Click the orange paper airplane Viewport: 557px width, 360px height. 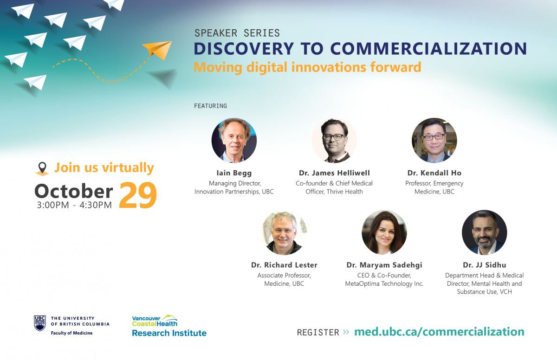(x=157, y=50)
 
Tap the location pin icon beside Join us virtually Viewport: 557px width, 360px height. (x=42, y=169)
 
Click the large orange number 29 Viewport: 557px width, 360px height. (x=138, y=195)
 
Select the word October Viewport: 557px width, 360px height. (x=74, y=191)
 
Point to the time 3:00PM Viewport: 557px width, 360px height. (x=53, y=205)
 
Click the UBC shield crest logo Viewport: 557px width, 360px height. (x=40, y=323)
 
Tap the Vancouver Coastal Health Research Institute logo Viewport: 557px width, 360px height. (x=169, y=326)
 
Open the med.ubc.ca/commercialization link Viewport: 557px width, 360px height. (x=439, y=332)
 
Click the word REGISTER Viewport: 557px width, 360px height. (x=318, y=333)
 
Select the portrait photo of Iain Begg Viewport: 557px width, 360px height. (x=234, y=141)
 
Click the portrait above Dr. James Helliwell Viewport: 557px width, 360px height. (x=334, y=141)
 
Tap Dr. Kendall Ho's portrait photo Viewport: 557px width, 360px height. (x=434, y=141)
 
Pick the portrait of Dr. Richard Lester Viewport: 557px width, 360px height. (x=284, y=232)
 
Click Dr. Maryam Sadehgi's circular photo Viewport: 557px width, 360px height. (x=384, y=232)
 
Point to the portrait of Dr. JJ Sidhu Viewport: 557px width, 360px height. (x=485, y=232)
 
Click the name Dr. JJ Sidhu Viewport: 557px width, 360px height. (x=485, y=265)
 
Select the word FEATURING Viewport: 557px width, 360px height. (x=210, y=106)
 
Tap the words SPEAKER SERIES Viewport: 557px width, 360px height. (x=237, y=33)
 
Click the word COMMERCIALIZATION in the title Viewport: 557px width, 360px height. (x=428, y=48)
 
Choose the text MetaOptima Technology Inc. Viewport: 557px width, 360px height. (x=384, y=284)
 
